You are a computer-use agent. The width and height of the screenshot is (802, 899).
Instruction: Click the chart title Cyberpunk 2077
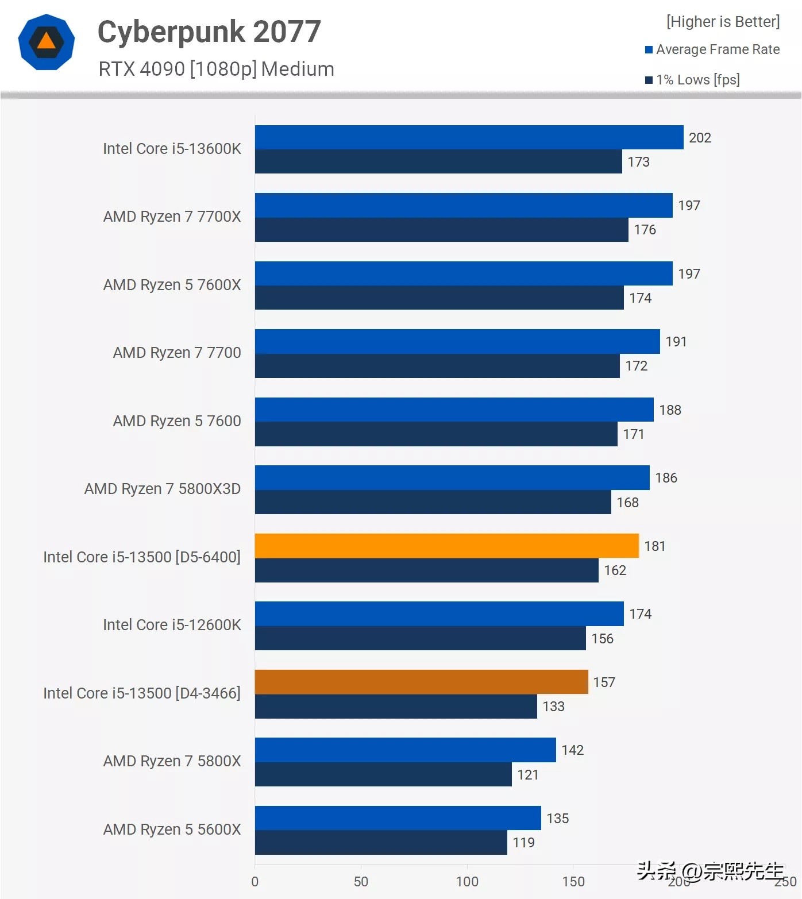209,32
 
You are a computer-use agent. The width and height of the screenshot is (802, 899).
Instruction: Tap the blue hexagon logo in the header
47,42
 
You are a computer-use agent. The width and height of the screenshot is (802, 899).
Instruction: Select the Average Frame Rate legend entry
712,49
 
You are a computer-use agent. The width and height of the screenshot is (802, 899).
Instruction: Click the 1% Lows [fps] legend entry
693,80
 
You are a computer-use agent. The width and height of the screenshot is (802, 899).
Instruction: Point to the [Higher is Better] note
723,22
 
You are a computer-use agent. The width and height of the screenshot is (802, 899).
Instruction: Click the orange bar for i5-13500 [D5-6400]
446,546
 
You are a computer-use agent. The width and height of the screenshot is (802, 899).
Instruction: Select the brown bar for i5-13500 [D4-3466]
421,682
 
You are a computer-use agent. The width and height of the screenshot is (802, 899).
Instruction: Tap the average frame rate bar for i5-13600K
469,137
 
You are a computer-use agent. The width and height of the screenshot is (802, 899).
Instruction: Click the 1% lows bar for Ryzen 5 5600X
381,843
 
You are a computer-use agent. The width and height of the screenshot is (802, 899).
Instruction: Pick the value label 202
700,138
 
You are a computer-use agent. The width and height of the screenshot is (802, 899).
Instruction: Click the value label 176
645,230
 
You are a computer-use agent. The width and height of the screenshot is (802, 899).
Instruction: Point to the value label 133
553,707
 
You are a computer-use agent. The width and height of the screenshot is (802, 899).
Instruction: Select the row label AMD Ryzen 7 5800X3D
163,489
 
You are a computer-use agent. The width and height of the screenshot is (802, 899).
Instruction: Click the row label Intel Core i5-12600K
172,625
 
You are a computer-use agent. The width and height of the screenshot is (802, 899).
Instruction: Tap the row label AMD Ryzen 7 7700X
172,217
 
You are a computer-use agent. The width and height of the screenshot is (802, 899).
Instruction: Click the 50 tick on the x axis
361,881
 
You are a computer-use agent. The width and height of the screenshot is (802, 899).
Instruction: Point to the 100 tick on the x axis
467,881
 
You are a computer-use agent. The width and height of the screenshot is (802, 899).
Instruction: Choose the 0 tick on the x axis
255,881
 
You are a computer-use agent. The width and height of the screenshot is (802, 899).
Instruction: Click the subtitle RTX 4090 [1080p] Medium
216,69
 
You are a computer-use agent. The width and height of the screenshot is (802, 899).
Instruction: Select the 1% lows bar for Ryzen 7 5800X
383,774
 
